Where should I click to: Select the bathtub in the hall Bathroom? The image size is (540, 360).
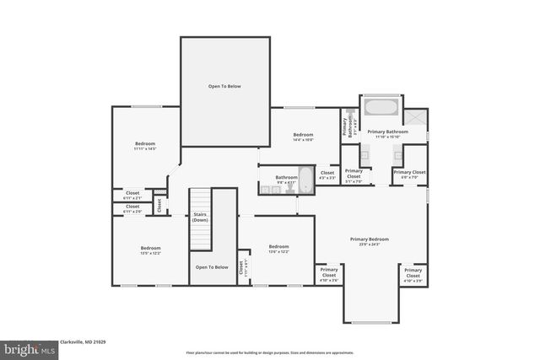point(305,179)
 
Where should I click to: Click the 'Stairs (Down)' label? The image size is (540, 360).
point(200,217)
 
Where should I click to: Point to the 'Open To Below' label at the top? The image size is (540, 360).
point(224,86)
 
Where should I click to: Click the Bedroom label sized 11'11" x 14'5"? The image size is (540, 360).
point(145,146)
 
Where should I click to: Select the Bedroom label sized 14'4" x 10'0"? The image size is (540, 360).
point(303,137)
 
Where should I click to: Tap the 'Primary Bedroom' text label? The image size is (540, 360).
point(370,241)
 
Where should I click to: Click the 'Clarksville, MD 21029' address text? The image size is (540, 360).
point(81,342)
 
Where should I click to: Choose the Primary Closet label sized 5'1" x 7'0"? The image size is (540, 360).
point(353,178)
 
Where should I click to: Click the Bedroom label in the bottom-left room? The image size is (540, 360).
point(150,250)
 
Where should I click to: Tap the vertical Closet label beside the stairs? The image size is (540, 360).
point(159,205)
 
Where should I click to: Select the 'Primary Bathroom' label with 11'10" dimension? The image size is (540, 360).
point(387,133)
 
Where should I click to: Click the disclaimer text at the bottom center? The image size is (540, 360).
point(270,352)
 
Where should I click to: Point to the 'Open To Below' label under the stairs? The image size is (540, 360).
point(211,267)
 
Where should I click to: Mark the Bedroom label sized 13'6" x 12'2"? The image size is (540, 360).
point(278,250)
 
